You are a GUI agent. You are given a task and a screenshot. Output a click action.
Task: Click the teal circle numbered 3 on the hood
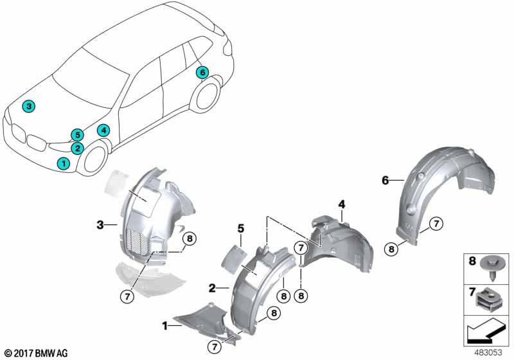28,106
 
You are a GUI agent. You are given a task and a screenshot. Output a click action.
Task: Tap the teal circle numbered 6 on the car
202,73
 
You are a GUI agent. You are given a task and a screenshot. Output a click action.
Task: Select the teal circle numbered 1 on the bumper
63,163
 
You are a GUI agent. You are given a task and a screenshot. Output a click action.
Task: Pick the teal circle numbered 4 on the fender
103,130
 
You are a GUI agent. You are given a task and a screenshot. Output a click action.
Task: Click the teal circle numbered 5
77,134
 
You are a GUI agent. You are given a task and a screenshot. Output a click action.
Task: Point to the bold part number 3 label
100,224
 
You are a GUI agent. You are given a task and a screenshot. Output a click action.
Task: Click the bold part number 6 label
385,181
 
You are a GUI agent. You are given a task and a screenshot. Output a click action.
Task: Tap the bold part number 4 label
342,204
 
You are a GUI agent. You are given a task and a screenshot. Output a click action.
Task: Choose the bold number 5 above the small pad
240,228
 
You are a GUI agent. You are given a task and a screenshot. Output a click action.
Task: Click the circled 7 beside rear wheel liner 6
436,224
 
